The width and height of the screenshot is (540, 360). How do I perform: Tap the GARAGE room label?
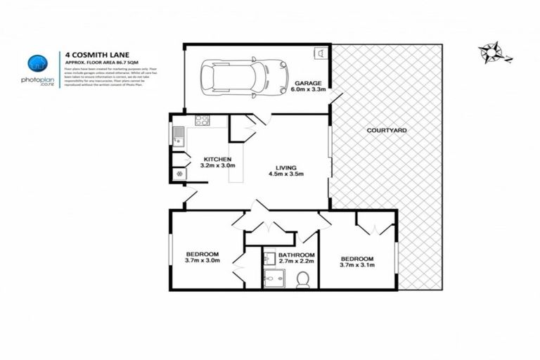tap(308, 82)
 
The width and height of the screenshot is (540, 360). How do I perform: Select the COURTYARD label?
tap(387, 131)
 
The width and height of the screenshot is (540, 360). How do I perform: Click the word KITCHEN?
tap(217, 159)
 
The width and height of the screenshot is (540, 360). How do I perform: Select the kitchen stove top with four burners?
tap(202, 120)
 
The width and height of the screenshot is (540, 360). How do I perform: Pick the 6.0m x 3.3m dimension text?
tap(308, 90)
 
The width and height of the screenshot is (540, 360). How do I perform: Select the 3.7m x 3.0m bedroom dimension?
tap(202, 261)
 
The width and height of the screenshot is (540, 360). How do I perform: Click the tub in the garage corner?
tap(321, 53)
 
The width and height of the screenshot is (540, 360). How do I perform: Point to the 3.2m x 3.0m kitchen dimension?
tap(217, 166)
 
